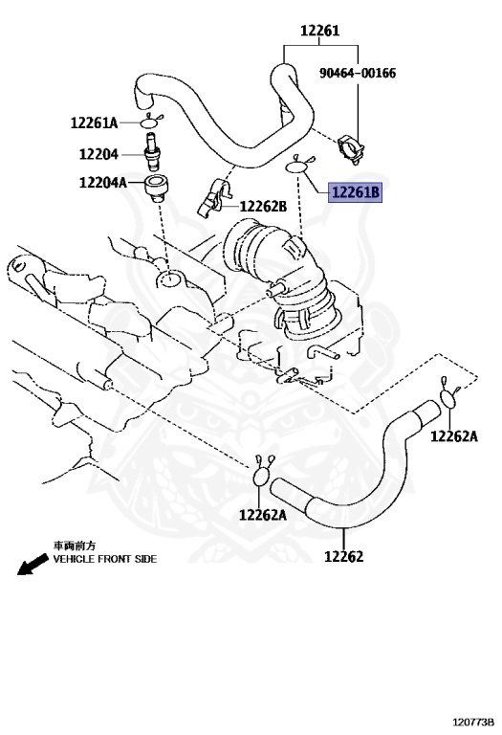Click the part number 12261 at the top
pyautogui.click(x=318, y=31)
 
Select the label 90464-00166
pyautogui.click(x=358, y=73)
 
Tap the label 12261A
pyautogui.click(x=94, y=122)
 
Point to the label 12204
pyautogui.click(x=98, y=152)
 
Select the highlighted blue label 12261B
pyautogui.click(x=356, y=193)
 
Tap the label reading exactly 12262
pyautogui.click(x=343, y=556)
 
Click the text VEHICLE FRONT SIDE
pyautogui.click(x=104, y=559)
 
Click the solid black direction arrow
pyautogui.click(x=32, y=566)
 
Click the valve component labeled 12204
pyautogui.click(x=151, y=151)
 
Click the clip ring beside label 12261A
pyautogui.click(x=150, y=122)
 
